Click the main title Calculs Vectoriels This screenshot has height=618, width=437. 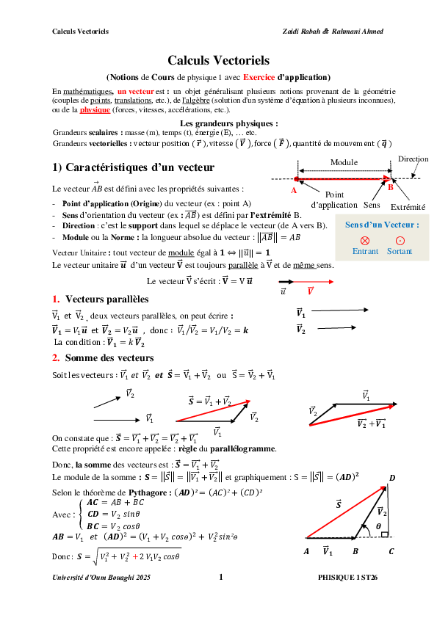pyautogui.click(x=218, y=60)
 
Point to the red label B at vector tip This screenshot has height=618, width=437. pyautogui.click(x=391, y=187)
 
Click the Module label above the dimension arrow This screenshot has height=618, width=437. pyautogui.click(x=344, y=162)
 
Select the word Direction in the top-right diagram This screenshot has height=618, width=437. pyautogui.click(x=413, y=159)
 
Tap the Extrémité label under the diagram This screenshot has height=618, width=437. pyautogui.click(x=408, y=206)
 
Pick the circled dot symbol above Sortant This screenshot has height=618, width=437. pyautogui.click(x=400, y=240)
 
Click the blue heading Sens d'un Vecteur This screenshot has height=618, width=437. pyautogui.click(x=382, y=225)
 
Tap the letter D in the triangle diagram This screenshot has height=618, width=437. pyautogui.click(x=392, y=479)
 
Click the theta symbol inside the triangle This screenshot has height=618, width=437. pyautogui.click(x=378, y=526)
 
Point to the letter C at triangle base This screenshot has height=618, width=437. pyautogui.click(x=391, y=550)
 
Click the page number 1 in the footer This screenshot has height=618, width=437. pyautogui.click(x=220, y=578)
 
